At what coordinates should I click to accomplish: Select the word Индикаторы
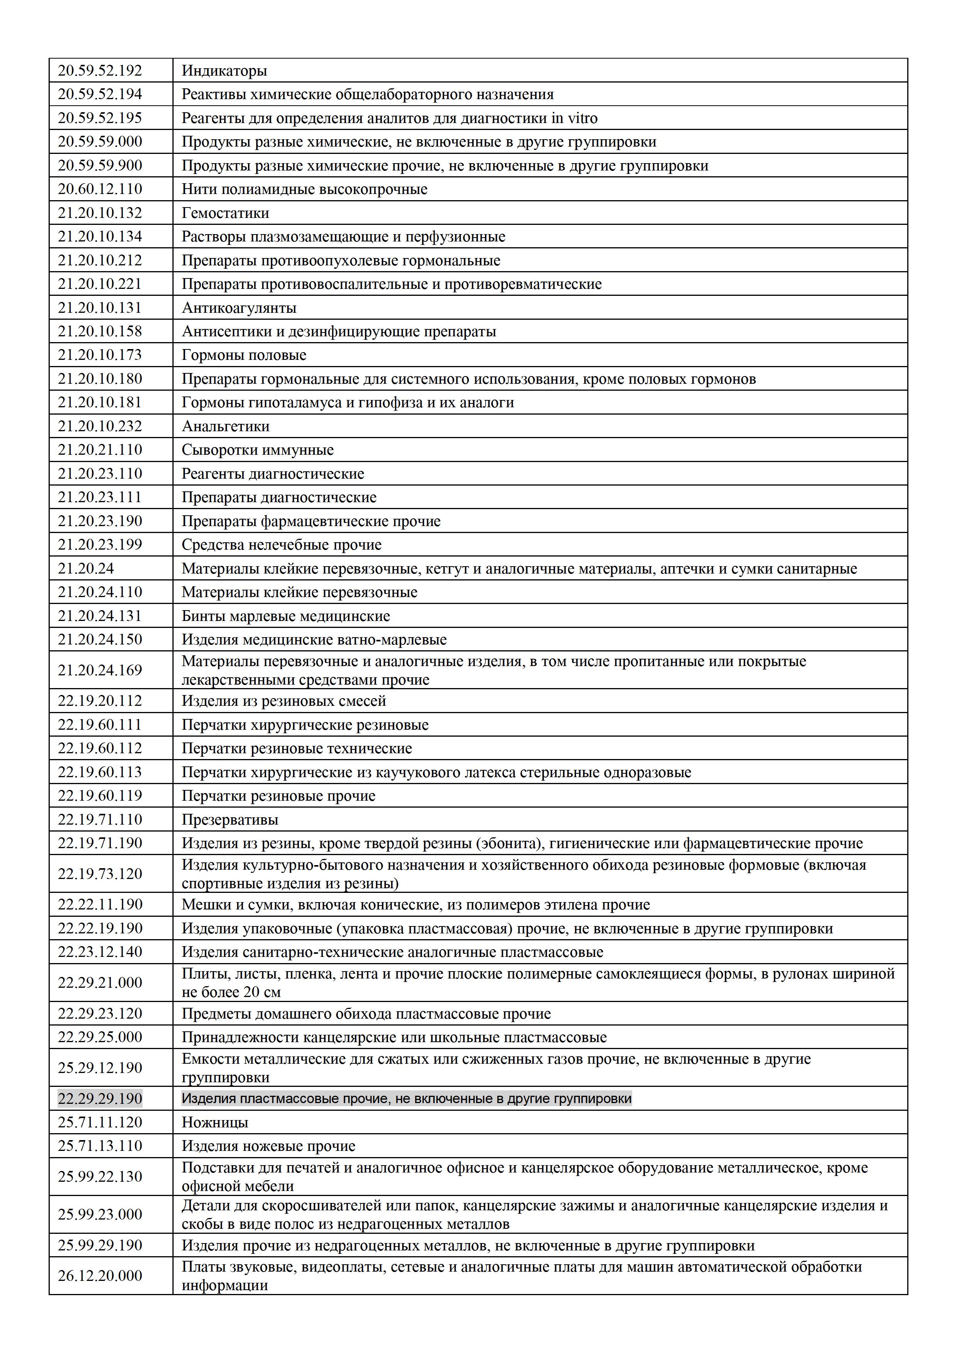click(224, 71)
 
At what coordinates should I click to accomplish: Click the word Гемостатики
click(225, 213)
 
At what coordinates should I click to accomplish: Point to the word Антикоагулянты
click(239, 308)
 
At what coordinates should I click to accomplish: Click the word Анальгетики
click(225, 426)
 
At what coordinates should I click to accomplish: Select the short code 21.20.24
click(86, 568)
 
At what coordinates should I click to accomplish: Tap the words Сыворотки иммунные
click(258, 450)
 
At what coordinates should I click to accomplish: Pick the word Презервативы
click(230, 819)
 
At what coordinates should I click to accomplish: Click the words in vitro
click(575, 118)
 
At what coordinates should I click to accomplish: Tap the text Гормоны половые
click(244, 355)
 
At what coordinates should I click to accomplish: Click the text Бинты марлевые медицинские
click(286, 616)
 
